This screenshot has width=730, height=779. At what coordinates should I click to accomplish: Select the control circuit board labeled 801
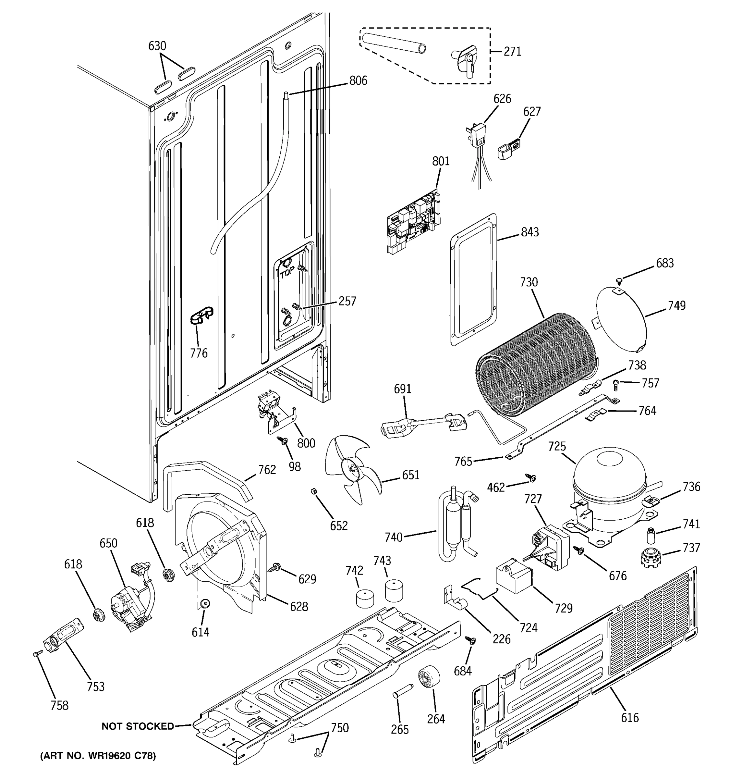(414, 221)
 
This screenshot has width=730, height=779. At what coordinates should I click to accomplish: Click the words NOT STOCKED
(138, 726)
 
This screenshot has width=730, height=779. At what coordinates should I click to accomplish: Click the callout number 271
(512, 51)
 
